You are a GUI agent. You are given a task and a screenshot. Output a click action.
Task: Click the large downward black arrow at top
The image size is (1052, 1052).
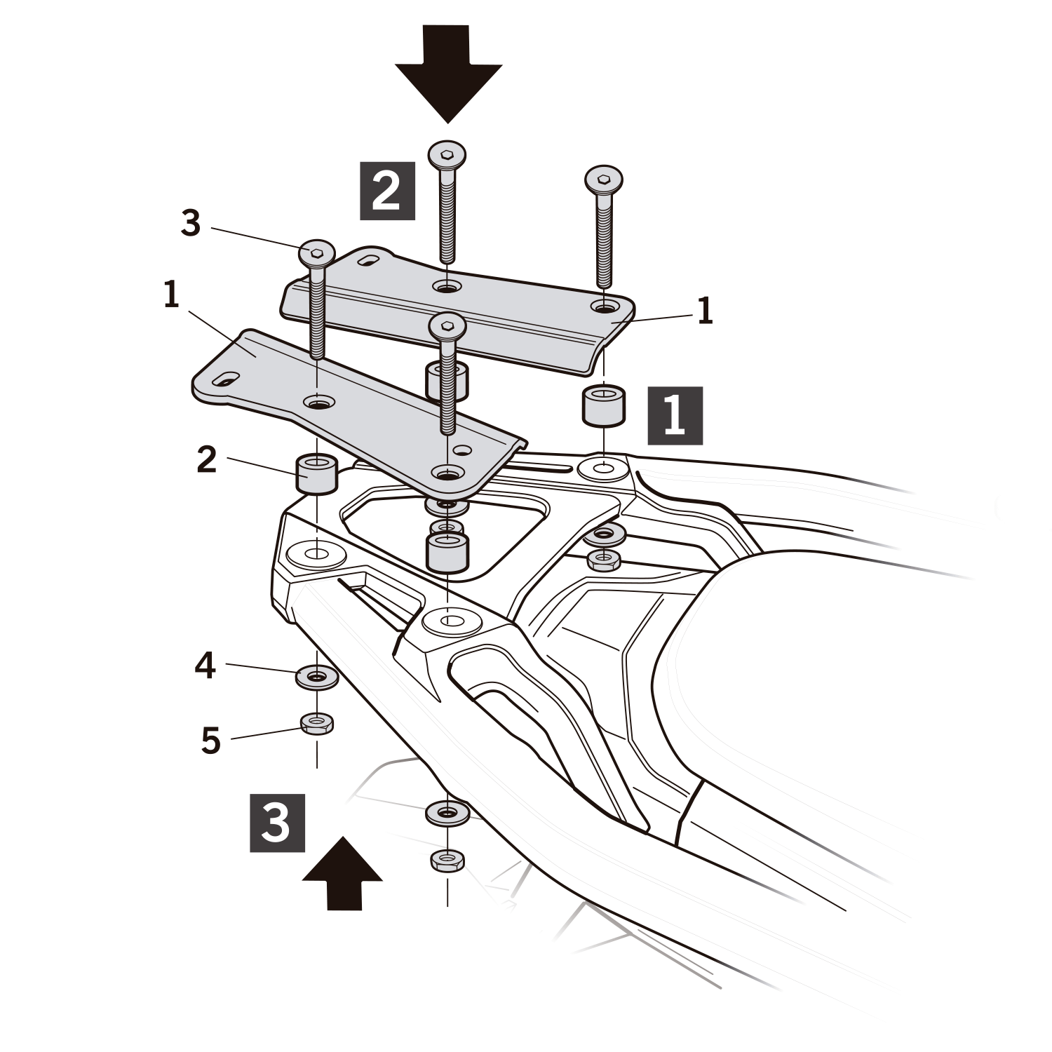pos(448,77)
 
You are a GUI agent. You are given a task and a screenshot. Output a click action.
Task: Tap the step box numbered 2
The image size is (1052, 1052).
pos(387,191)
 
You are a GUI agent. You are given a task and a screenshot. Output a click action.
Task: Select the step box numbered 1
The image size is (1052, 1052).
pos(675,415)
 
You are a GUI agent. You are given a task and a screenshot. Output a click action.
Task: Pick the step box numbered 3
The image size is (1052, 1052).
pos(277,823)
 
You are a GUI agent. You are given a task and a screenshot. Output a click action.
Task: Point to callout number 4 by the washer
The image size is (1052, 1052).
pos(205,665)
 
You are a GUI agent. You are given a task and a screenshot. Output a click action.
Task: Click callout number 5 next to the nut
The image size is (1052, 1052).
pos(210,741)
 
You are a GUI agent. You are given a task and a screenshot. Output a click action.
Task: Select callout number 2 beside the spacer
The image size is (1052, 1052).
pos(206,461)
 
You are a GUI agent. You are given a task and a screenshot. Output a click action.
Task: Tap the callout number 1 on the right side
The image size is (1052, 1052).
pos(705,311)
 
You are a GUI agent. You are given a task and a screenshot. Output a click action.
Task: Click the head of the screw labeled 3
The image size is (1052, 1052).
pos(316,253)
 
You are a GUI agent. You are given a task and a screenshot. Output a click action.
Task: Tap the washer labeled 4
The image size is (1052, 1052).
pos(316,677)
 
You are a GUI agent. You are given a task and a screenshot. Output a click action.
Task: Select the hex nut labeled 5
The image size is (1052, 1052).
pos(316,722)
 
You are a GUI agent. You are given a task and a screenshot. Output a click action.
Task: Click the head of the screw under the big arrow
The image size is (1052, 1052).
pos(447,153)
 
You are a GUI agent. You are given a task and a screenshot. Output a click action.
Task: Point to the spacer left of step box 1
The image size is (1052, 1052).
pos(603,405)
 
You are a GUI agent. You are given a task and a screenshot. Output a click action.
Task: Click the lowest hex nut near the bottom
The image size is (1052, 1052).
pos(447,860)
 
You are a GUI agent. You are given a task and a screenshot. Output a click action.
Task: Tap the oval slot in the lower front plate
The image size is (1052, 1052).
pos(226,379)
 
